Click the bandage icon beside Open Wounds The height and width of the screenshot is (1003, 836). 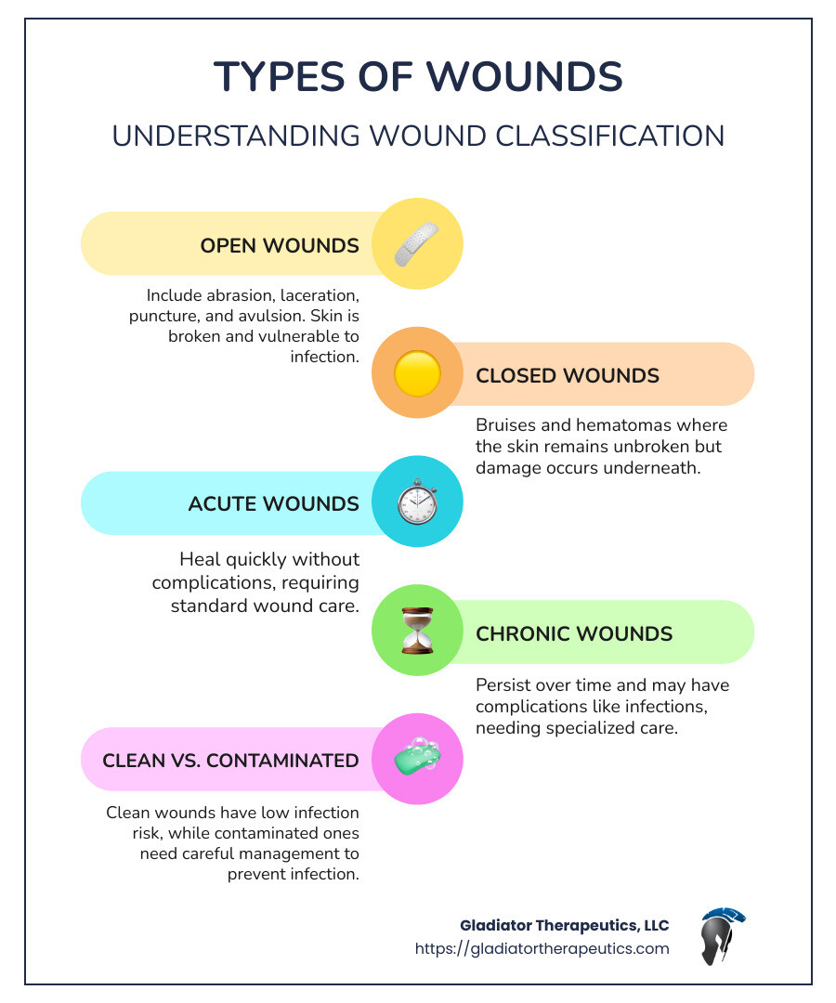(x=417, y=244)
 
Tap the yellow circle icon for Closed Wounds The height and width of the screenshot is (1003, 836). (x=417, y=374)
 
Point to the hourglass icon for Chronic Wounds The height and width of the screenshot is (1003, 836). (x=417, y=632)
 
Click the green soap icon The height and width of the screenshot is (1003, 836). (x=417, y=759)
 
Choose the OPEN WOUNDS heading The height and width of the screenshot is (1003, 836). (x=280, y=245)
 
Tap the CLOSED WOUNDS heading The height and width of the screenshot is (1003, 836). (x=568, y=375)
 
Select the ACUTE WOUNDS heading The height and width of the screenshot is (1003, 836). (x=273, y=503)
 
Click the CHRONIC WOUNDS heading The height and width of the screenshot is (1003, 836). (x=574, y=633)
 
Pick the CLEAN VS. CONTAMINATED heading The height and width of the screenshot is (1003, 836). (x=230, y=760)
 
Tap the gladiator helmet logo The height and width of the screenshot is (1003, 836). (x=722, y=936)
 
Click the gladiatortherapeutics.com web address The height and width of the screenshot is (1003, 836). (x=542, y=948)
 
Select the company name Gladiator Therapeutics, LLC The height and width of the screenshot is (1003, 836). (x=564, y=925)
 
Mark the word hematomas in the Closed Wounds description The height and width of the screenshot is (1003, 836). (x=607, y=425)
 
